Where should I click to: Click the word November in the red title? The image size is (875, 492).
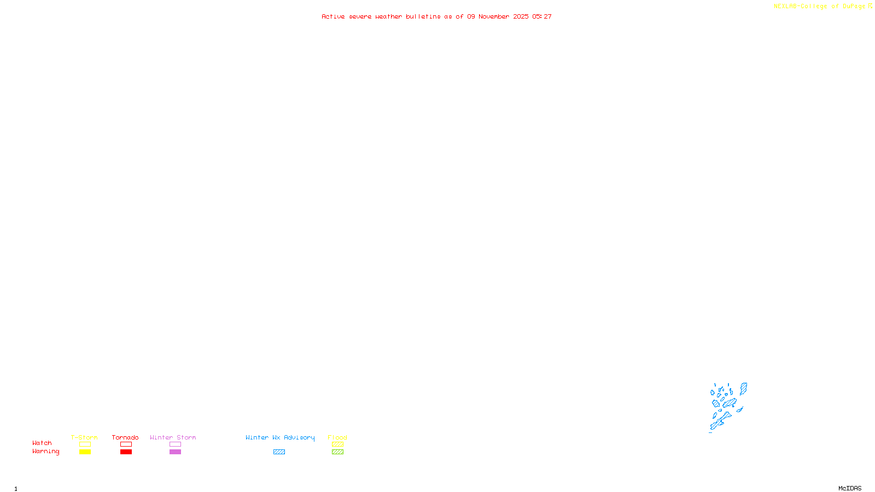(494, 17)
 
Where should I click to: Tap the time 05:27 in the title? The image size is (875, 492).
(542, 17)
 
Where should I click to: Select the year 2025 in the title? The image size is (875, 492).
(521, 17)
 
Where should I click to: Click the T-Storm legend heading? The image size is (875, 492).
(84, 437)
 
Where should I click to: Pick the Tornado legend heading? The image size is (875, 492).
(125, 437)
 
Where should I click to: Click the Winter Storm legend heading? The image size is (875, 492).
(173, 437)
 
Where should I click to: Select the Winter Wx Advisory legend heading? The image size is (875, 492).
(280, 437)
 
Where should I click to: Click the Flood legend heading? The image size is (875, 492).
(337, 437)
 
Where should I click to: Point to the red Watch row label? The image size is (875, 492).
(42, 443)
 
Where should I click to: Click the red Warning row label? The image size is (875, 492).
(45, 452)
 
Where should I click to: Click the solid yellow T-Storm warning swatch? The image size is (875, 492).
(85, 452)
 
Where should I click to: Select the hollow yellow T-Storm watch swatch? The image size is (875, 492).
(85, 444)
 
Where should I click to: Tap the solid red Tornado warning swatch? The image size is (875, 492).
(126, 452)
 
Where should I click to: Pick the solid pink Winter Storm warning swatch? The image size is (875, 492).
(175, 452)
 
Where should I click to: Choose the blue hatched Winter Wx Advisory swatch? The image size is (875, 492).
(279, 452)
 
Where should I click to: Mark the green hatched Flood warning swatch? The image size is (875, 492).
(337, 452)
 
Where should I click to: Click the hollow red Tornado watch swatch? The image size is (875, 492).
(126, 444)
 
